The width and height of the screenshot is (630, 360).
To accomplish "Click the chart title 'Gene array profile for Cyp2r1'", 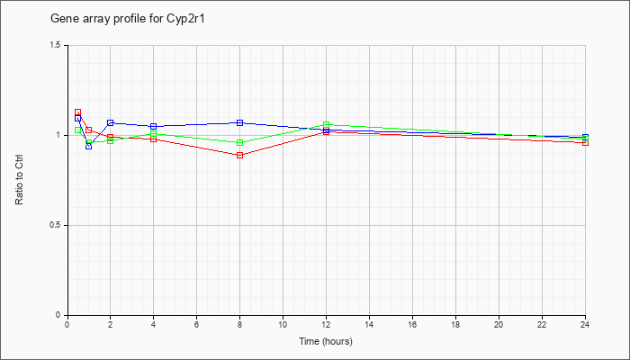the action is (x=128, y=19).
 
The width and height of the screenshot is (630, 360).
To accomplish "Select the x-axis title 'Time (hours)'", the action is (x=326, y=341).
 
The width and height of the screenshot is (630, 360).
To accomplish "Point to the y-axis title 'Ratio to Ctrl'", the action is (x=19, y=180).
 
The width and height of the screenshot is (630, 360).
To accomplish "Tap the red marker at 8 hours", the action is (x=240, y=155).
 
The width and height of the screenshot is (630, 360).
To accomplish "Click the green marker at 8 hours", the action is (x=240, y=142).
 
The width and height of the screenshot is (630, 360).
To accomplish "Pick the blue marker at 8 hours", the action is (x=240, y=122).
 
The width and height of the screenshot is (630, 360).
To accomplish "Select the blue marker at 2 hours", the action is (x=111, y=122).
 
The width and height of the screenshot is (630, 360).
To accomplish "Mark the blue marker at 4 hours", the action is (x=154, y=126).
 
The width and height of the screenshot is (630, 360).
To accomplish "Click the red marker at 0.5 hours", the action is (x=78, y=112).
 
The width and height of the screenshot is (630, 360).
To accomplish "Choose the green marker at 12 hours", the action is (x=326, y=124).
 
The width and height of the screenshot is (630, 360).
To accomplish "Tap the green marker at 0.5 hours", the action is (x=78, y=130).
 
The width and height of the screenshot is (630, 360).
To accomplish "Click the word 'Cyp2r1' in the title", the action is (x=185, y=19).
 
